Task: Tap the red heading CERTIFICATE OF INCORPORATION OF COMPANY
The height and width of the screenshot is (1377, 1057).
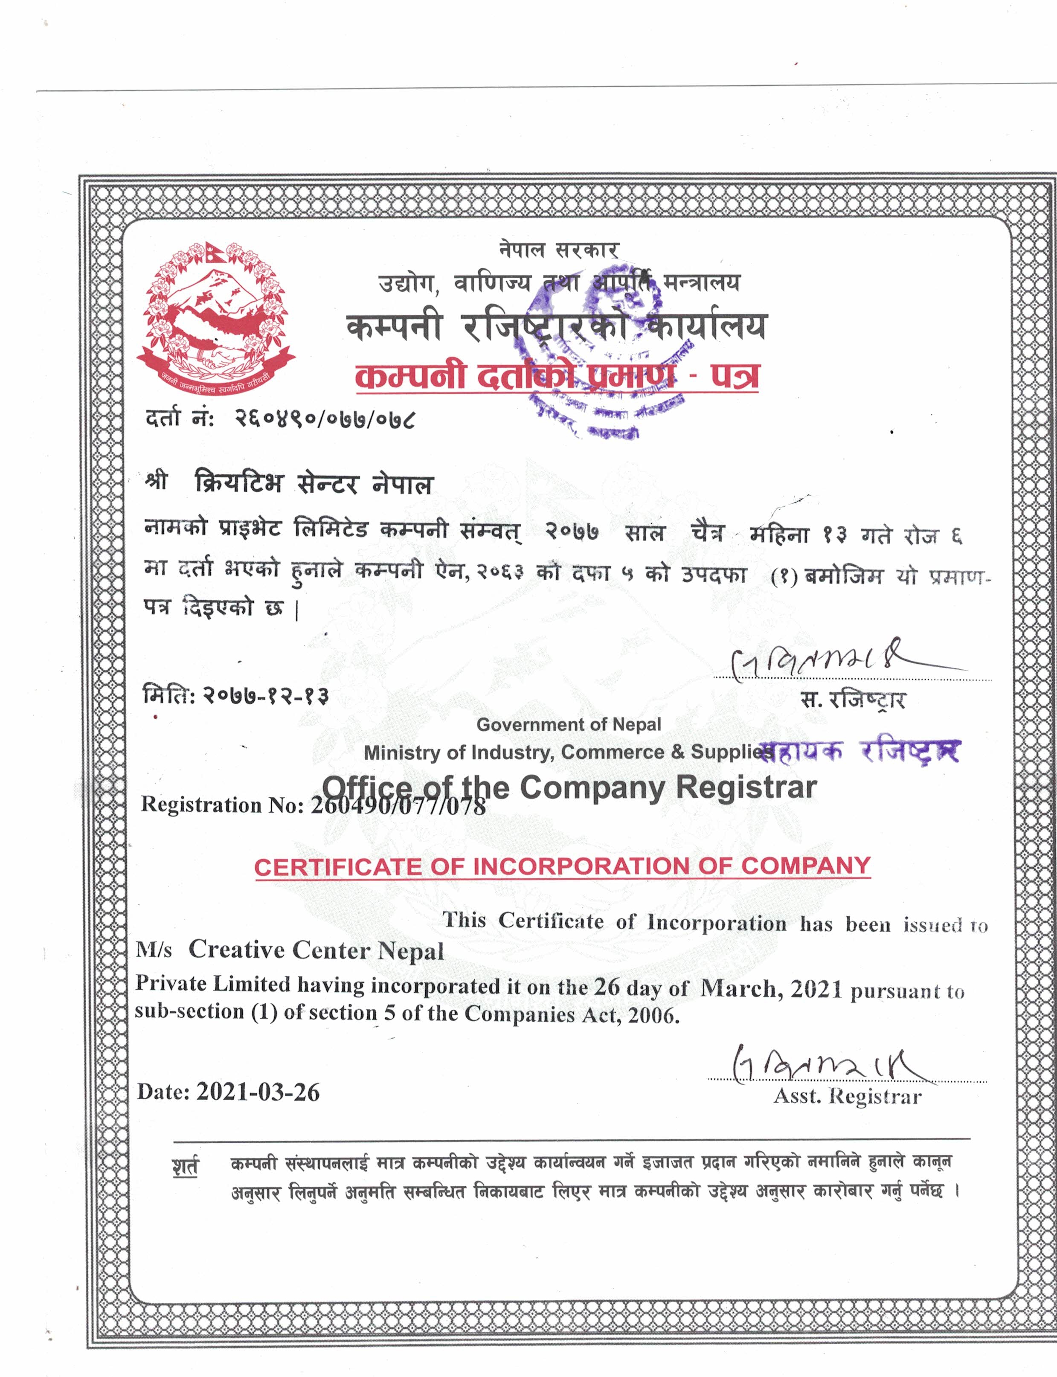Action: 562,866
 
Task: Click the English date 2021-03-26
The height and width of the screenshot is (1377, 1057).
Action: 258,1092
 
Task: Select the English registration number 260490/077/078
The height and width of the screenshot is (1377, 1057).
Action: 398,805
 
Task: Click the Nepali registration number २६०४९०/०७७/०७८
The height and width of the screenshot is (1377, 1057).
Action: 325,418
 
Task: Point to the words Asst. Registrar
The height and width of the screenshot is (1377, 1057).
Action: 848,1096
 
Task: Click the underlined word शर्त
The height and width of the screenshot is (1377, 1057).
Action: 185,1167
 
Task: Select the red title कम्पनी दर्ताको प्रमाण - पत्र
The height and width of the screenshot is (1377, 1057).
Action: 557,376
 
